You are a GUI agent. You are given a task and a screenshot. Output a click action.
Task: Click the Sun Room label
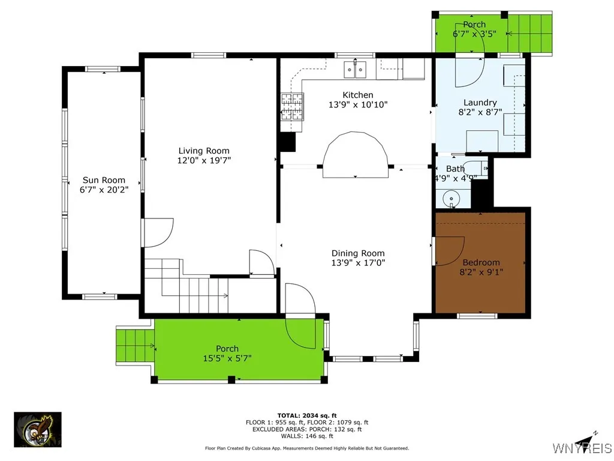coord(104,180)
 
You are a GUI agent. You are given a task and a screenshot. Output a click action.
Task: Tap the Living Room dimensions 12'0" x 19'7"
coord(204,160)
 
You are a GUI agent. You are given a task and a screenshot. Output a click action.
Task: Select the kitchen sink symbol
coord(356,70)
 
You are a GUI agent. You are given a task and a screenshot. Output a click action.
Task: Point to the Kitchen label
coord(358,95)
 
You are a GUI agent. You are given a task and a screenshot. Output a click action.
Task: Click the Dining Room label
coord(358,253)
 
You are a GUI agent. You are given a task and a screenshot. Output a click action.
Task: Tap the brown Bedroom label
coord(481,262)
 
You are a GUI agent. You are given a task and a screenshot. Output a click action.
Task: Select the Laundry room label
coord(480,103)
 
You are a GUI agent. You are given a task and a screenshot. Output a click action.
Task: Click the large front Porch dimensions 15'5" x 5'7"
coord(227,358)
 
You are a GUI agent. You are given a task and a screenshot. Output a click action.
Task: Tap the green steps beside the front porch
coord(135,346)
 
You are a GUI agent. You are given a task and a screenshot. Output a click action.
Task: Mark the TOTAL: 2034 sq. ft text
coord(306,415)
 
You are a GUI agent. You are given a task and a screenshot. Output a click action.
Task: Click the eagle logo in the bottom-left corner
coord(38,430)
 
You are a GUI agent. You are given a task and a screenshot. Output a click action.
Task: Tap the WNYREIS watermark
coord(581,448)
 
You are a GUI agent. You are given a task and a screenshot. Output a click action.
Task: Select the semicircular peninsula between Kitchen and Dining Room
coord(355,156)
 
